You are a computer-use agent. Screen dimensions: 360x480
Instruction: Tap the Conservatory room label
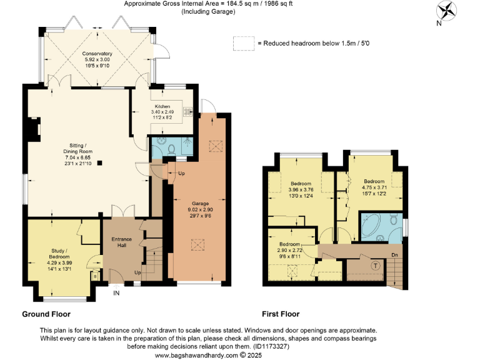pos(97,54)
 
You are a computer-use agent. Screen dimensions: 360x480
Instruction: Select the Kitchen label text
pos(162,106)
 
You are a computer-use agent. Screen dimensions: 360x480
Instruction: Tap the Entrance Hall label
pos(121,242)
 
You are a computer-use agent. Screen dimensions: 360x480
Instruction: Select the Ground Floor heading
pos(46,314)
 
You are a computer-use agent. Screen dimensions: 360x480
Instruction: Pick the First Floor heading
pos(281,314)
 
